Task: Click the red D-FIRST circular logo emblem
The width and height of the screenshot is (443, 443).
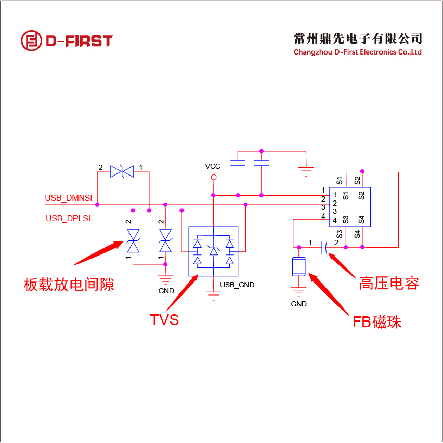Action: pos(31,41)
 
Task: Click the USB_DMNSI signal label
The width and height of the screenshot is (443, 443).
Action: pos(68,198)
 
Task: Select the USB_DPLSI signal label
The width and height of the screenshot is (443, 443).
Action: pos(68,218)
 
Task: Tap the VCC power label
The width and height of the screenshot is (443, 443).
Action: pos(213,166)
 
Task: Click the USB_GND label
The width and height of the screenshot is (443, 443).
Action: pos(237,285)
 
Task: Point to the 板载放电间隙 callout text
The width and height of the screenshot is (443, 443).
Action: pos(69,285)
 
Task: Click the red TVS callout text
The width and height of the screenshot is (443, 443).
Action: pos(164,319)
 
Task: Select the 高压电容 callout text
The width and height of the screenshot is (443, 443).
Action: pos(389,283)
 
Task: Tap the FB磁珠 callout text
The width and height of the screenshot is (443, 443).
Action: pos(377,322)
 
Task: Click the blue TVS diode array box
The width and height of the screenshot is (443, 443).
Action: pos(213,251)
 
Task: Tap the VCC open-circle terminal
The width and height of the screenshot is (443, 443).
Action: pos(213,178)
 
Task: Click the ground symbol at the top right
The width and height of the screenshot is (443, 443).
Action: pos(306,168)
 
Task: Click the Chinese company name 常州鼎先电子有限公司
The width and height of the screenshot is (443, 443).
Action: pos(358,38)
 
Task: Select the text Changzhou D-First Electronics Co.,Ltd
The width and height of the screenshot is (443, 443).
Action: pos(358,52)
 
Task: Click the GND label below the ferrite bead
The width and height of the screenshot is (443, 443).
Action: pos(299,304)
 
